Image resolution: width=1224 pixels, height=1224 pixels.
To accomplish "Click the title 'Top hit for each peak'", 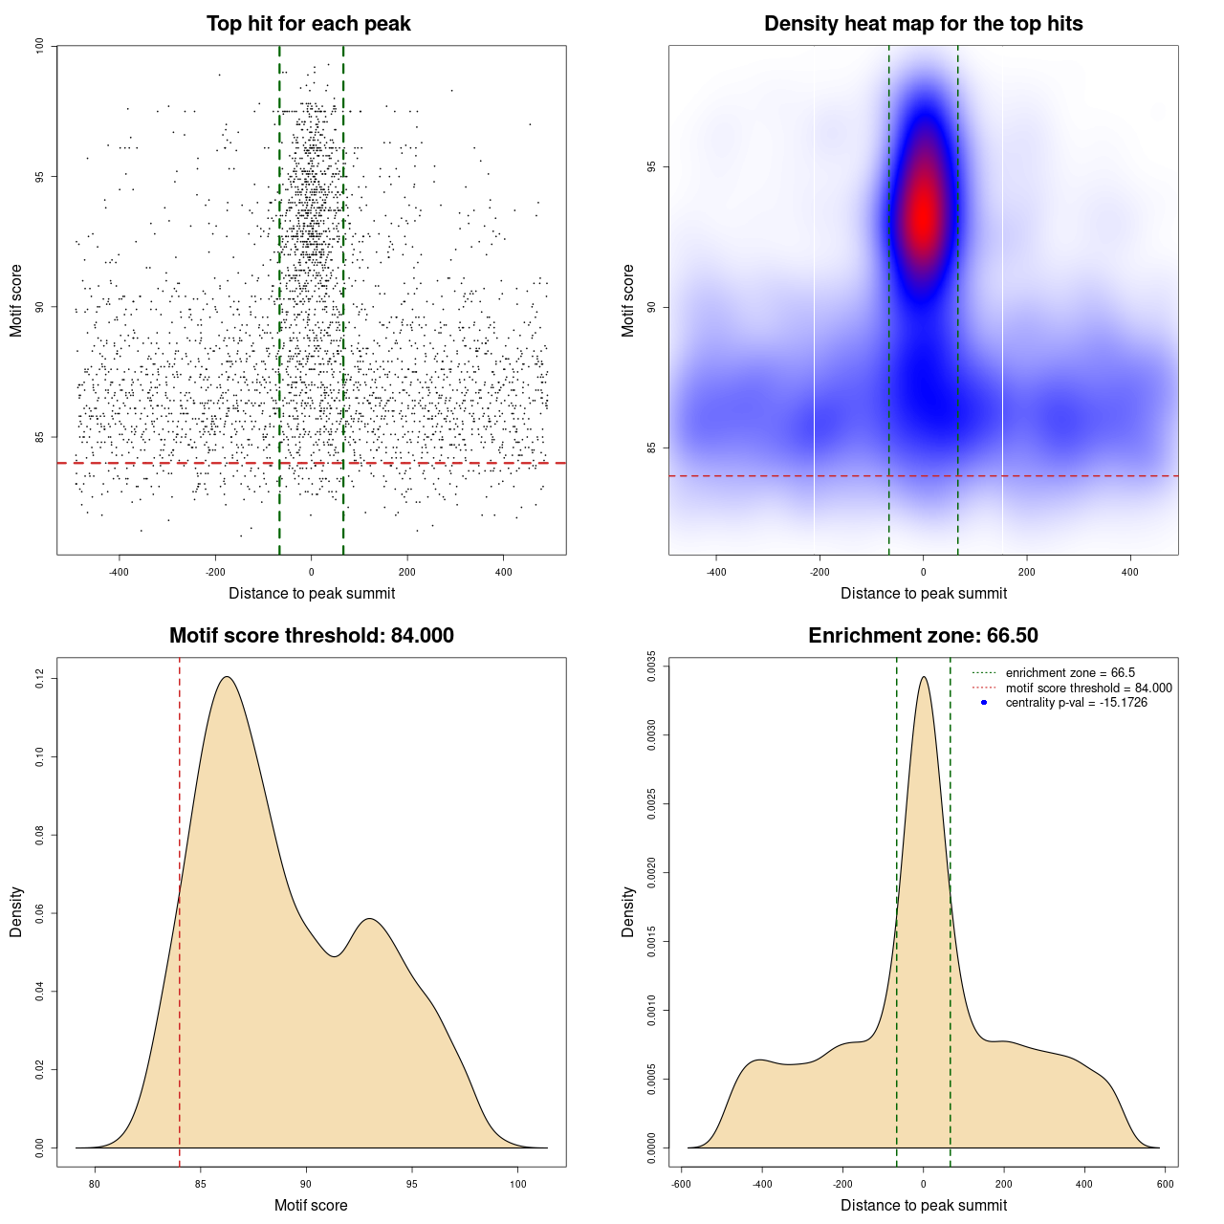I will tap(309, 24).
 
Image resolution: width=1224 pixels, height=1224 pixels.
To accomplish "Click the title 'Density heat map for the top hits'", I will tap(923, 24).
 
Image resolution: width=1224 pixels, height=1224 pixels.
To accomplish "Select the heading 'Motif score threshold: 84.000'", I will tap(311, 636).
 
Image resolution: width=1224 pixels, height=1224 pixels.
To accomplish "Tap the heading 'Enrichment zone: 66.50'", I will tap(923, 636).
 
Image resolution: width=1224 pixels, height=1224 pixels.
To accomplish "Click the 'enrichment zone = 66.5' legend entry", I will tap(1070, 673).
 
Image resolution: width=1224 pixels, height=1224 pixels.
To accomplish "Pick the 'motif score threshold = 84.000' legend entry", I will tap(1088, 688).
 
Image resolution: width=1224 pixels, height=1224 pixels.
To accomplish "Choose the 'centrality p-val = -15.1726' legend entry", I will tap(1076, 703).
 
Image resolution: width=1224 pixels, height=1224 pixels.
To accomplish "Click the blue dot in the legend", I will tap(984, 703).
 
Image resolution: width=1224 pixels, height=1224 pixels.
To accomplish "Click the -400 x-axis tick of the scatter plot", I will tap(119, 572).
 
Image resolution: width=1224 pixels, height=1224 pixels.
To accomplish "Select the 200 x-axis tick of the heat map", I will tap(1026, 572).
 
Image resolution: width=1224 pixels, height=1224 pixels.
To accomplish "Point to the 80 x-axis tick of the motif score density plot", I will tap(95, 1184).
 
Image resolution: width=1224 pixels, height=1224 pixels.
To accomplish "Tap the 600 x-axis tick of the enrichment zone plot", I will tap(1165, 1184).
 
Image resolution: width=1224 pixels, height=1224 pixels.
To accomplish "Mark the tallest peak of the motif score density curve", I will tap(227, 677).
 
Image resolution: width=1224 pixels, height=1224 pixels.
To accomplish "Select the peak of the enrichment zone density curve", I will tap(923, 677).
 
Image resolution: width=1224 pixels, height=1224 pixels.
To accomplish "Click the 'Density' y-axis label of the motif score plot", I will tap(16, 911).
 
